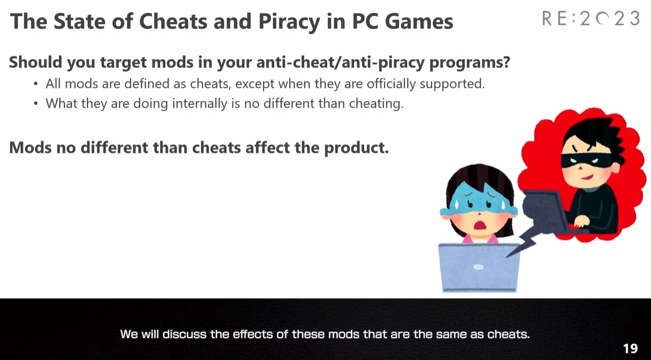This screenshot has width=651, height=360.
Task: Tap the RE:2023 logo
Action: pyautogui.click(x=591, y=18)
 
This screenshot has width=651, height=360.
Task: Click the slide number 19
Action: pyautogui.click(x=631, y=349)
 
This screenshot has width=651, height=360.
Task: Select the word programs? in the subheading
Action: pyautogui.click(x=469, y=62)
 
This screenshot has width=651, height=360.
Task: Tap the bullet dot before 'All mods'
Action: pyautogui.click(x=36, y=84)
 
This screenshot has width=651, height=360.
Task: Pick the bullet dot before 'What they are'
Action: pyautogui.click(x=36, y=104)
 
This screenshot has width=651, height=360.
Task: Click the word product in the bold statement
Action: pyautogui.click(x=356, y=148)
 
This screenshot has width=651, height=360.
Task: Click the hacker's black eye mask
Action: pyautogui.click(x=585, y=161)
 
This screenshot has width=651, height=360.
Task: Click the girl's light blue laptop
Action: pyautogui.click(x=479, y=267)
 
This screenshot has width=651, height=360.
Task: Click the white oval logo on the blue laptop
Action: pyautogui.click(x=478, y=267)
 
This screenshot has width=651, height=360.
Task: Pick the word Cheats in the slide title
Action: pyautogui.click(x=173, y=21)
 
